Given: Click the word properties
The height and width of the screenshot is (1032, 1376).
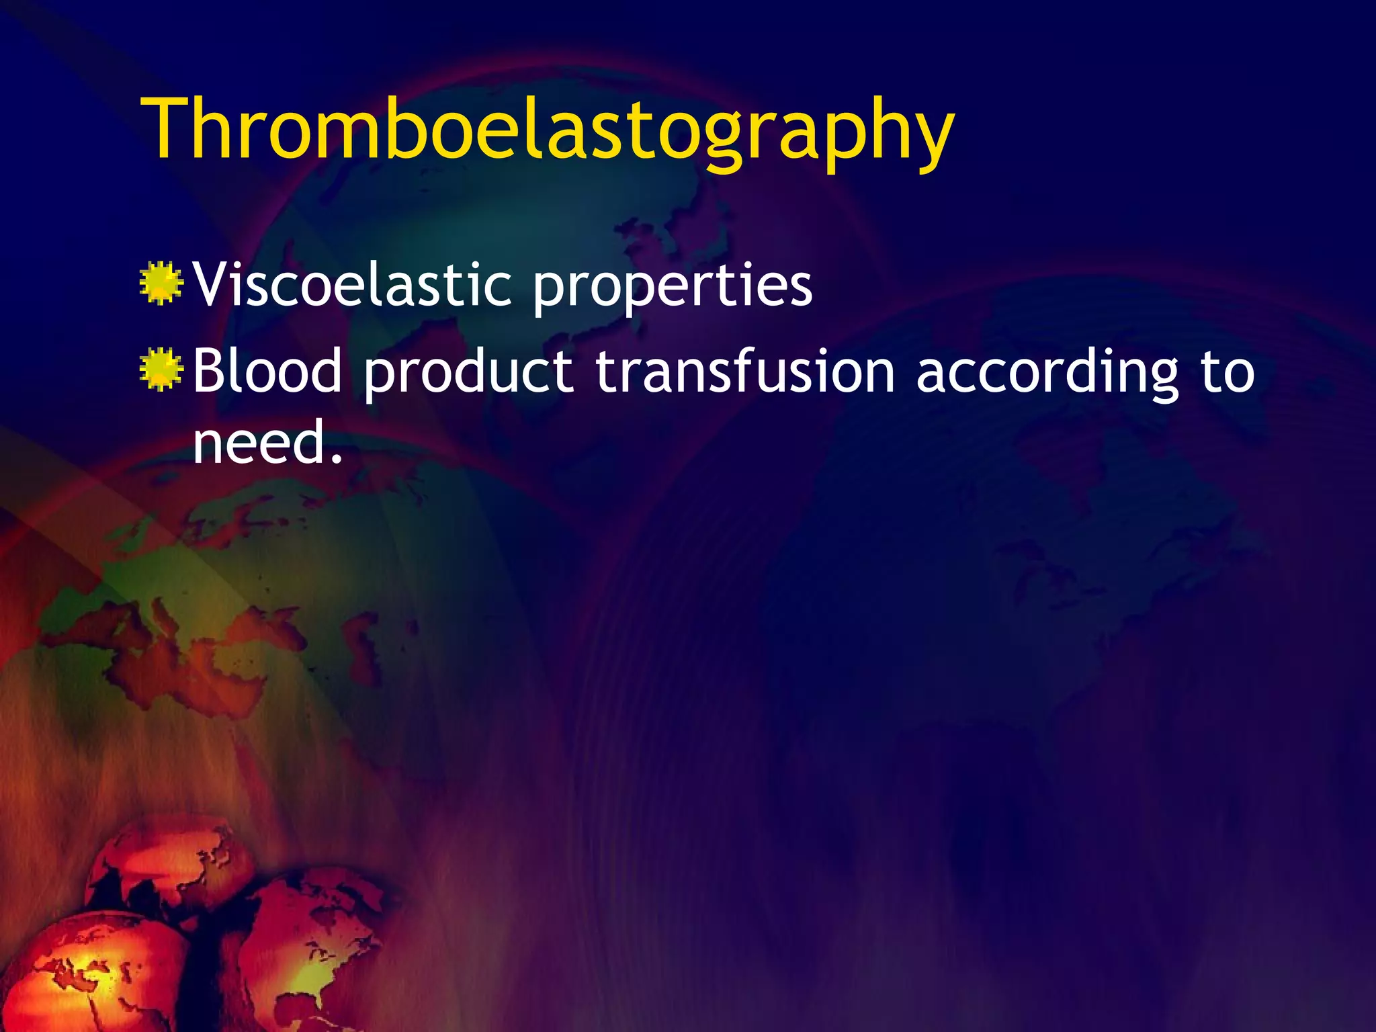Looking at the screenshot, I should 673,289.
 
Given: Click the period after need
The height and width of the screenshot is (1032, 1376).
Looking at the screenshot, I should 337,460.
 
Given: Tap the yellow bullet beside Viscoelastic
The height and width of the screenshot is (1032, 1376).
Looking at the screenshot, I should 161,284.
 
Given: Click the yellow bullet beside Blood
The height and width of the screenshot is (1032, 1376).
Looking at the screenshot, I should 161,370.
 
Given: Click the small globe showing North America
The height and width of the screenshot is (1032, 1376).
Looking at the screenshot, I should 309,954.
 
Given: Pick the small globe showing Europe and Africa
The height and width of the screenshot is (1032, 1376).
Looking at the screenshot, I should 87,974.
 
